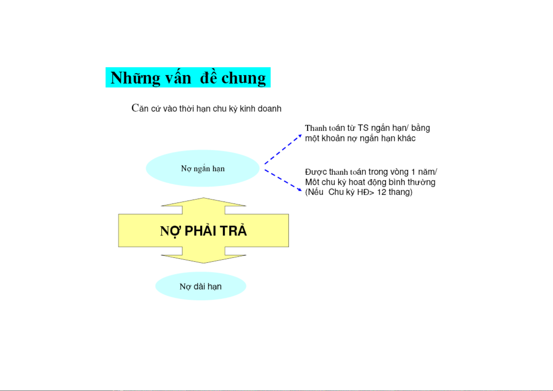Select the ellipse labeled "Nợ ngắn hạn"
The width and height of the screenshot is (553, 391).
point(203,168)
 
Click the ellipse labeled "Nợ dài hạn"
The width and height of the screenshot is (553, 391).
point(201,286)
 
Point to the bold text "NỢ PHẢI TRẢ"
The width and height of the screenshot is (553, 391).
point(203,231)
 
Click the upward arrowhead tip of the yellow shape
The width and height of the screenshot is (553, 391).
point(203,198)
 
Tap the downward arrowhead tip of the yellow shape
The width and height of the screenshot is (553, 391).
point(203,263)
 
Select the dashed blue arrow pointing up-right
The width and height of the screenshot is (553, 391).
point(283,149)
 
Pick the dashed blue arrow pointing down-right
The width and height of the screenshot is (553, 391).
point(283,180)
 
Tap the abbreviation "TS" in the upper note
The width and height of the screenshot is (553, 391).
point(363,128)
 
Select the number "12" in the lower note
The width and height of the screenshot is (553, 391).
point(381,192)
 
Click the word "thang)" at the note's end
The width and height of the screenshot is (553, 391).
point(400,192)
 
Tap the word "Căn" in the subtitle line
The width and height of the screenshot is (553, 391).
point(140,108)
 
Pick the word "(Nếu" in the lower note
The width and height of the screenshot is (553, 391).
point(314,192)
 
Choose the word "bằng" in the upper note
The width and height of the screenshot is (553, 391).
point(420,128)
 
